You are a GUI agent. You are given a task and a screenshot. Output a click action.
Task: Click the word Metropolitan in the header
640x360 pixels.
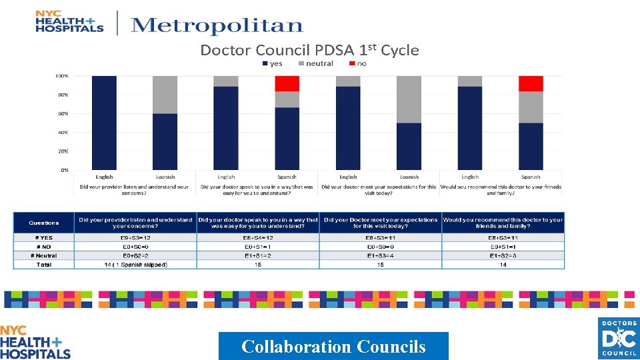[x=217, y=26]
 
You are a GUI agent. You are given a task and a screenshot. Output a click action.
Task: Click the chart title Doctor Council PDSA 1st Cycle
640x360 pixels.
[x=309, y=50]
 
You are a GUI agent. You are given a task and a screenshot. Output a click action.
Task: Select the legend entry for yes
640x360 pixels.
[x=273, y=64]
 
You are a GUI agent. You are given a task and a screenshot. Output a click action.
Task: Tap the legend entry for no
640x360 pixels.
[x=358, y=64]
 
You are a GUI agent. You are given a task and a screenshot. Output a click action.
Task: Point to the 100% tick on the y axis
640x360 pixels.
[x=61, y=76]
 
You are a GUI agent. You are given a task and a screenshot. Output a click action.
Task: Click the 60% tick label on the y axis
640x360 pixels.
[x=62, y=114]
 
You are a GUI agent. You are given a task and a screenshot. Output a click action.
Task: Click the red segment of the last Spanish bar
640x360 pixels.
[x=531, y=83]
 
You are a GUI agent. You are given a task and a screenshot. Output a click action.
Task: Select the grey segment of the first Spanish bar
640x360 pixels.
[x=165, y=95]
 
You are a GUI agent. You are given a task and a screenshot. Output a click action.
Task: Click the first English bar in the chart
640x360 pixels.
[x=104, y=123]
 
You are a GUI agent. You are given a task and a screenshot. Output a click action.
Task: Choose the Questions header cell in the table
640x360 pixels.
[x=44, y=223]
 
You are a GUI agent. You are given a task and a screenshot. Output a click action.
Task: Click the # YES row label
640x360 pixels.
[x=44, y=237]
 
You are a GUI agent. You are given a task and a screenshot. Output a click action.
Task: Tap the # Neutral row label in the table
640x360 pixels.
[x=44, y=255]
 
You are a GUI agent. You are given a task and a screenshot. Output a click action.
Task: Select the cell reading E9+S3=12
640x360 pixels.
[x=136, y=237]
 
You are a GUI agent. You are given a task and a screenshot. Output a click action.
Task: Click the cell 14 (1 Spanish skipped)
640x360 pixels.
[x=136, y=265]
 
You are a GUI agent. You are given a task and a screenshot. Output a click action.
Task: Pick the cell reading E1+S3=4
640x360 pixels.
[x=381, y=255]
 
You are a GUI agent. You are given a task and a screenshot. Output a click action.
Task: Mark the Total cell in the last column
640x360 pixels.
[x=503, y=265]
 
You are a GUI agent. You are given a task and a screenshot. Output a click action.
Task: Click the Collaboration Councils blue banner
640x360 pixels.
[x=333, y=346]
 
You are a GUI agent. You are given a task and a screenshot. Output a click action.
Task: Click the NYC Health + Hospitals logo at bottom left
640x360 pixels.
[x=35, y=342]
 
